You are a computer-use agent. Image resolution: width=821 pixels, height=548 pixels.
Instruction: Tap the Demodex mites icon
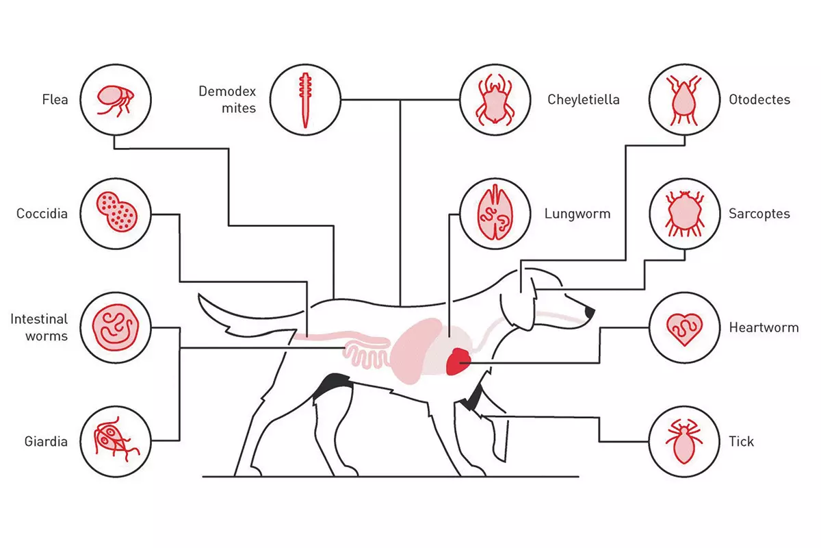(305, 100)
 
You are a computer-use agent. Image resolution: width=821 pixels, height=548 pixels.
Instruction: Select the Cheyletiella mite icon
(495, 100)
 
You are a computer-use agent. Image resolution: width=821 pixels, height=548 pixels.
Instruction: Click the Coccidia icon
(116, 214)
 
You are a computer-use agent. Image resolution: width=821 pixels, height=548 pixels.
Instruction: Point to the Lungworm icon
(495, 214)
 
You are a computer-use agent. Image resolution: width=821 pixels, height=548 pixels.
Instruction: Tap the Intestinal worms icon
(116, 327)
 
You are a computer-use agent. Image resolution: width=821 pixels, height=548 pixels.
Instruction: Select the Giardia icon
(116, 441)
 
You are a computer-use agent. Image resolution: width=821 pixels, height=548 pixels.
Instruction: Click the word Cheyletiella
(583, 99)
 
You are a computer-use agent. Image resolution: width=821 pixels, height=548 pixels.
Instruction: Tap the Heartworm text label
(764, 327)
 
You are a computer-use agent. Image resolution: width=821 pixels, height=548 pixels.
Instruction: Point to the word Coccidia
(42, 214)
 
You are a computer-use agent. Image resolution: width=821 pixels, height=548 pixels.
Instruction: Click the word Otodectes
(759, 99)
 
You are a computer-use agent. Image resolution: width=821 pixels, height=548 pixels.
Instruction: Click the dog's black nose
(590, 312)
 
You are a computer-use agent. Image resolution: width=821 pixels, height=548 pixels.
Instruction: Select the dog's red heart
(458, 362)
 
